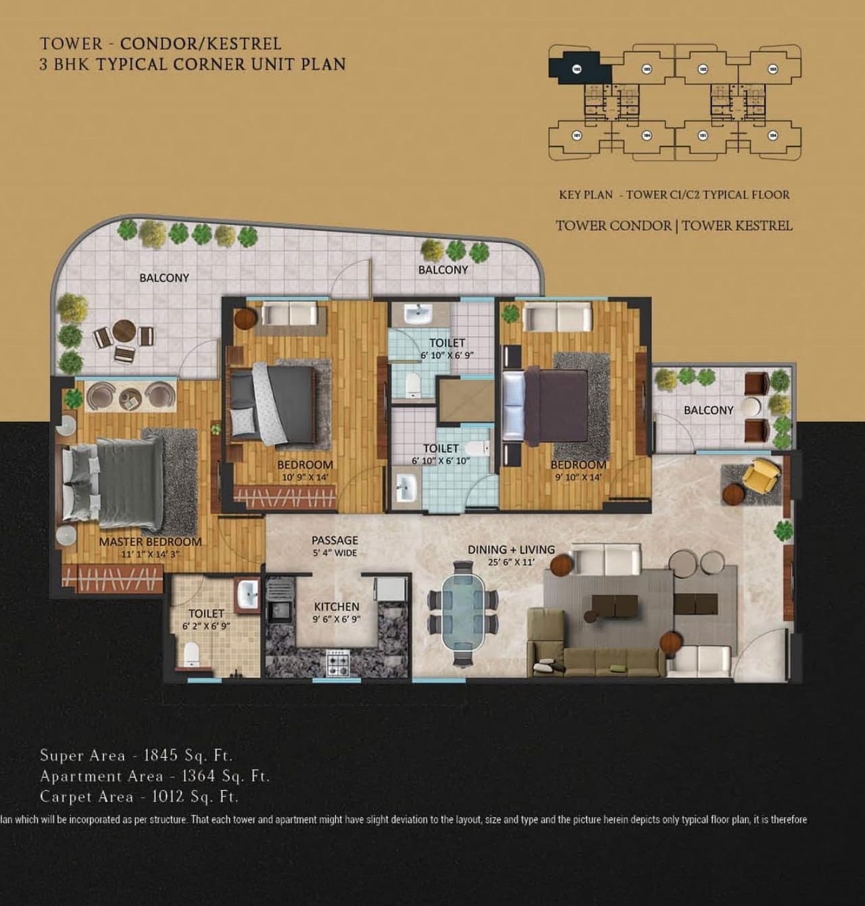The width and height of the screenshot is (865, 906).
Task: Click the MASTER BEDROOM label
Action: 150,541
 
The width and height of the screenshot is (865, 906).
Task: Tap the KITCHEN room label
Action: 337,607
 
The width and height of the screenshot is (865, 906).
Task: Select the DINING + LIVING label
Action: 511,550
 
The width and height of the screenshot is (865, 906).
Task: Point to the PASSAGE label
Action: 335,540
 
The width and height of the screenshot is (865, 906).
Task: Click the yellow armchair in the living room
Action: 761,475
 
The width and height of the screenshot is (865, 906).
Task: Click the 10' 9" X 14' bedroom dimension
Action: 305,477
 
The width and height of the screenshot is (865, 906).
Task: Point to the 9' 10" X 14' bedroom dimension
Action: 578,477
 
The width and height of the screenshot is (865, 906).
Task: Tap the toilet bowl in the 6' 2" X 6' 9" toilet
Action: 191,654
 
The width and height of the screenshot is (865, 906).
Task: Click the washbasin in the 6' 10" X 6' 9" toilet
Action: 419,314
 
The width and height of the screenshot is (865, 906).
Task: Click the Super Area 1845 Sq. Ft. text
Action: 136,755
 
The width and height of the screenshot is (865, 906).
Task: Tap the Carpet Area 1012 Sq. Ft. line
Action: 139,797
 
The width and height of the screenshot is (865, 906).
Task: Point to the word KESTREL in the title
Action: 244,44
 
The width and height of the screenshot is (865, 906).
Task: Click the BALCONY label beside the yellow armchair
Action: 708,410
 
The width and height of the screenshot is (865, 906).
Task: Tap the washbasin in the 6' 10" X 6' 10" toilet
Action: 406,487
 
